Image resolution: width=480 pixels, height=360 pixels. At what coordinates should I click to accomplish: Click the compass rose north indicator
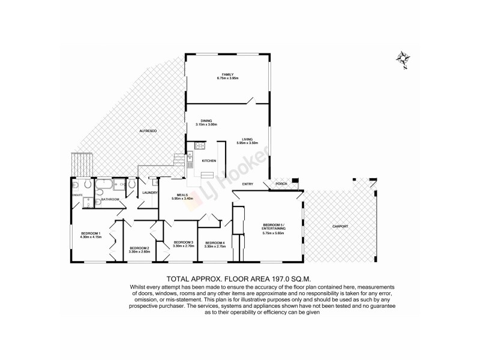tap(403, 59)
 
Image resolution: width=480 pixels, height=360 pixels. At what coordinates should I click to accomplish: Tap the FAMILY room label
tap(228, 74)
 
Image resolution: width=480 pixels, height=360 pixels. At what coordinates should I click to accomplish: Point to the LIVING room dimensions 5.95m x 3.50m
tap(247, 143)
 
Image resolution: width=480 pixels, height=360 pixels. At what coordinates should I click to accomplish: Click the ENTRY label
tap(247, 184)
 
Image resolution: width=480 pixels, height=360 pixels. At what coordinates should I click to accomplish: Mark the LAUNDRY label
tap(149, 193)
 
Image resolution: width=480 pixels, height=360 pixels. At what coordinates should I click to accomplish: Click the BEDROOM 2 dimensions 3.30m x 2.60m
tap(139, 251)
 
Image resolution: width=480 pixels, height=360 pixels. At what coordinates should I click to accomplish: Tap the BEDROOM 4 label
tap(214, 242)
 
